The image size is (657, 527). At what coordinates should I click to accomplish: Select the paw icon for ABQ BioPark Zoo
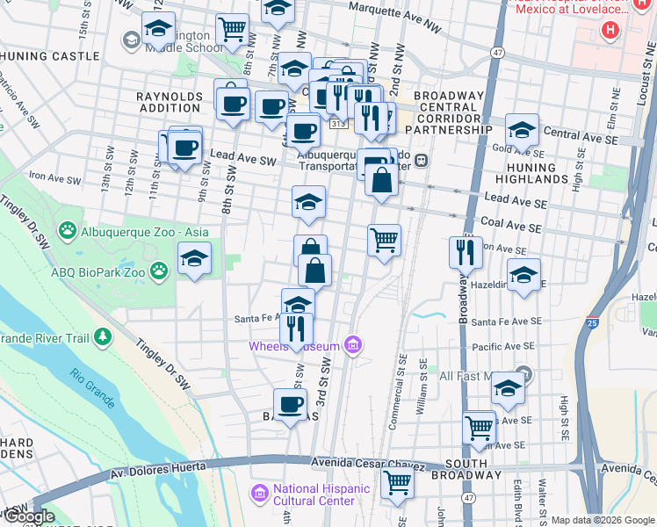(x=159, y=271)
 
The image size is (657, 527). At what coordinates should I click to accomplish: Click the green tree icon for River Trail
(x=104, y=336)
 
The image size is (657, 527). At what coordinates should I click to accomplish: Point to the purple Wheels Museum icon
(x=353, y=344)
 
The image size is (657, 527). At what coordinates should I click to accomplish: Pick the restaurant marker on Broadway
(x=466, y=252)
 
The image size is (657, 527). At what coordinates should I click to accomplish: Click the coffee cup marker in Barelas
(x=289, y=404)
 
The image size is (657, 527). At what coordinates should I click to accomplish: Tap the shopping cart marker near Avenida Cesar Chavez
(x=398, y=482)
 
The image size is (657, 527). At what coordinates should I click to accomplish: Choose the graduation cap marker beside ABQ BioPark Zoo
(x=194, y=258)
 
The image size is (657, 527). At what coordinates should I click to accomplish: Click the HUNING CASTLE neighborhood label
(x=50, y=55)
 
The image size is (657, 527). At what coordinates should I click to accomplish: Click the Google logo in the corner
(x=29, y=516)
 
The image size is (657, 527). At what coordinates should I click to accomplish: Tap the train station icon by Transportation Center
(x=422, y=161)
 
